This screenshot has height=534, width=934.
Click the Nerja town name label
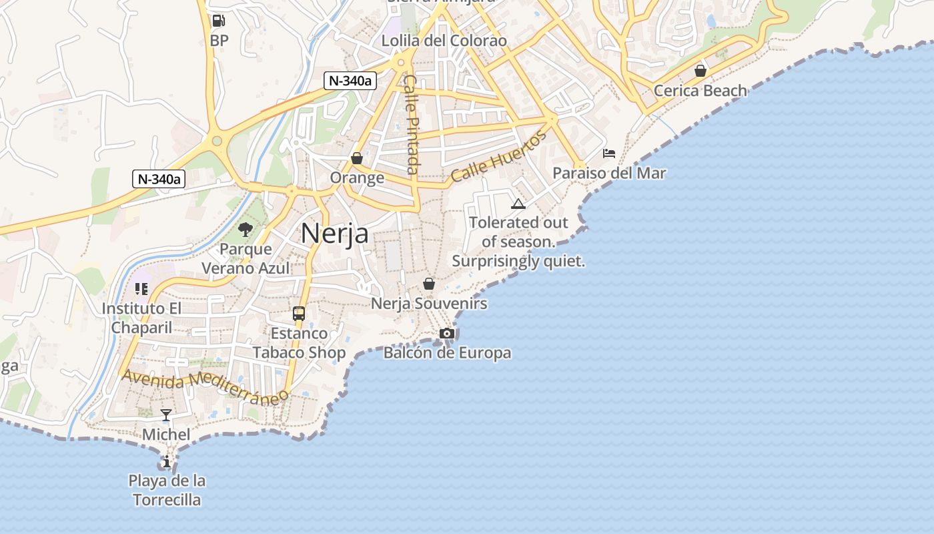click(x=334, y=234)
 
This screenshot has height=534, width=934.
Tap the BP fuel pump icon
click(x=218, y=21)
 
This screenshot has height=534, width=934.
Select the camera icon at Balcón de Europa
click(x=447, y=333)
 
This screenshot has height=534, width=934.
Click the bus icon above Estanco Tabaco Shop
click(x=299, y=313)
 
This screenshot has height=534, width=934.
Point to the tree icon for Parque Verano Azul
click(x=246, y=230)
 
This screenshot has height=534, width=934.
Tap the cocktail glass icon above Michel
click(x=166, y=415)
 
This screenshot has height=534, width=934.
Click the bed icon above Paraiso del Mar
click(x=608, y=154)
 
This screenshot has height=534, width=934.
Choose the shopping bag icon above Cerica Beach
click(x=700, y=70)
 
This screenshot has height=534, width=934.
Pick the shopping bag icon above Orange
click(x=357, y=158)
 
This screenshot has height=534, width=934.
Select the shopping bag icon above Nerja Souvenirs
click(x=429, y=284)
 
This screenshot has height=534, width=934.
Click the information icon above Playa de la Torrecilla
click(x=166, y=461)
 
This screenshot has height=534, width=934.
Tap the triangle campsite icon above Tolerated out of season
click(x=518, y=204)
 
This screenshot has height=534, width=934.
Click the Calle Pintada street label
click(x=412, y=124)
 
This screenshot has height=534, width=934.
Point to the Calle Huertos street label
click(x=498, y=157)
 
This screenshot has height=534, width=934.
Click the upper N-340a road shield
click(x=350, y=81)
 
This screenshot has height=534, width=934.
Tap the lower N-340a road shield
click(x=159, y=179)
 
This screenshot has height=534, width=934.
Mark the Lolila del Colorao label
click(x=444, y=41)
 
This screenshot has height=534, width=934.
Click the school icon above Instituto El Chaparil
click(x=141, y=288)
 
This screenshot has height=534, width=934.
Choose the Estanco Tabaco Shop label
click(x=299, y=343)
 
